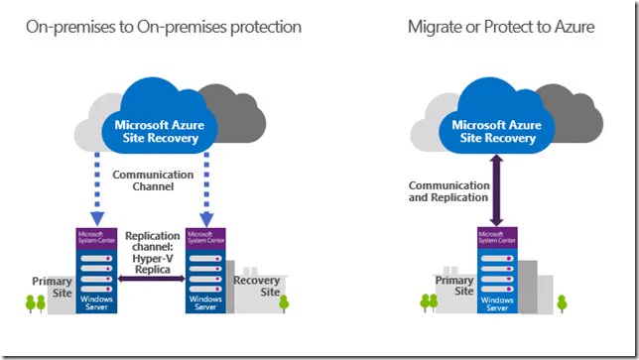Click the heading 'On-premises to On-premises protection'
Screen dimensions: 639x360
click(x=164, y=28)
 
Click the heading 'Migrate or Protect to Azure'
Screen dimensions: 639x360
click(x=501, y=28)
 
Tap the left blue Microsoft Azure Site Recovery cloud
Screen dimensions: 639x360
click(x=160, y=118)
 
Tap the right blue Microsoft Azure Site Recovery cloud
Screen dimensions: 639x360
click(x=497, y=118)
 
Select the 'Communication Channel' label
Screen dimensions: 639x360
click(x=153, y=180)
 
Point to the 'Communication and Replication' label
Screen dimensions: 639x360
click(x=448, y=191)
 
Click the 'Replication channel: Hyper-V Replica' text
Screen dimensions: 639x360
click(x=153, y=253)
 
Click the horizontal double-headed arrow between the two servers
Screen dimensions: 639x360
click(x=151, y=279)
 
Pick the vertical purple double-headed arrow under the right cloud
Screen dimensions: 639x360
click(x=496, y=190)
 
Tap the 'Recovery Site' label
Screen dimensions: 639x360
click(x=257, y=286)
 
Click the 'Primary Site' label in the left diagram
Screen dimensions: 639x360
click(x=53, y=287)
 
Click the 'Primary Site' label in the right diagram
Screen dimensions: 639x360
click(x=454, y=286)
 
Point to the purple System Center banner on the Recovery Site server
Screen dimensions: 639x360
click(x=205, y=238)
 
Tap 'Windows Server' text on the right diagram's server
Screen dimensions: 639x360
click(x=497, y=303)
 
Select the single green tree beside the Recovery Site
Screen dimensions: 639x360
click(x=284, y=303)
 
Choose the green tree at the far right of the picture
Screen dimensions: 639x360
click(x=562, y=303)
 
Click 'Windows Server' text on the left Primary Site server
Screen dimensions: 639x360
click(x=96, y=303)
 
